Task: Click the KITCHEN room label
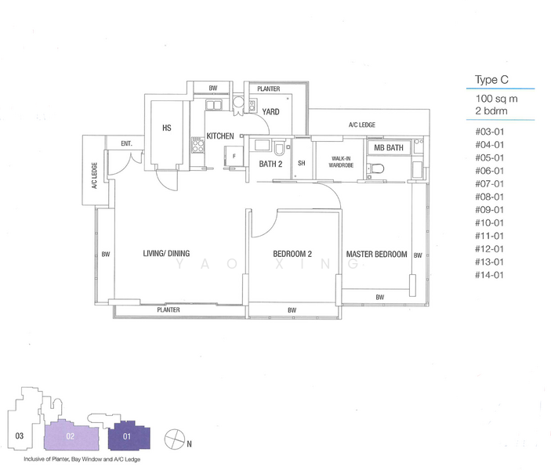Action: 220,136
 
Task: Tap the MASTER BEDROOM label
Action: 376,254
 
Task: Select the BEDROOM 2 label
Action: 292,254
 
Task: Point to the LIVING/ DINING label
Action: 166,253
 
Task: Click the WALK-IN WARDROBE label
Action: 341,161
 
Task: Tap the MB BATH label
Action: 389,147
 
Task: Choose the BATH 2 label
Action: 270,164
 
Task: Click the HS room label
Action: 167,128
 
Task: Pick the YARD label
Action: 270,112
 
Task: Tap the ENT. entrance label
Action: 126,143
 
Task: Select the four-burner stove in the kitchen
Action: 198,146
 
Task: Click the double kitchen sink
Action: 212,105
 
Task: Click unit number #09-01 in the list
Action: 490,210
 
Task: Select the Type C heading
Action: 491,80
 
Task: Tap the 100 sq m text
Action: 497,99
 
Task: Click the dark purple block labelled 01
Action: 129,436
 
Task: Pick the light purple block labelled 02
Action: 71,436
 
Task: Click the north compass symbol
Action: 175,439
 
